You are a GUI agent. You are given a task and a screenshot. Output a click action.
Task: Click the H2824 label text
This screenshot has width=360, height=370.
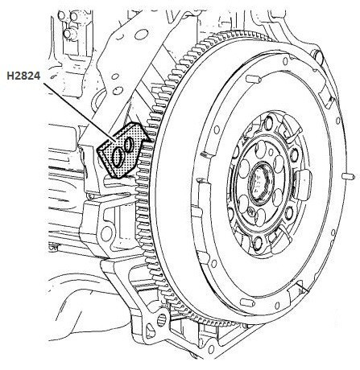point(23,76)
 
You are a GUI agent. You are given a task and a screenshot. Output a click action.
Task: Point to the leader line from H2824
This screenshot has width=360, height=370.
point(80,112)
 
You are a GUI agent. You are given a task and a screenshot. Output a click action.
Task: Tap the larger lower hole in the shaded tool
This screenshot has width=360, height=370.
point(118,158)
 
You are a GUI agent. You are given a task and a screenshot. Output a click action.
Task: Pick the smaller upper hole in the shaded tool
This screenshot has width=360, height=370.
point(130,145)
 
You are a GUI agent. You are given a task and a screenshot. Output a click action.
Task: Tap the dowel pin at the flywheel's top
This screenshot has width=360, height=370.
point(253,79)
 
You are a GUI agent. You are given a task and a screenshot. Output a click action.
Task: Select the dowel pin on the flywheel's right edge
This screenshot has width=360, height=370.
point(349,176)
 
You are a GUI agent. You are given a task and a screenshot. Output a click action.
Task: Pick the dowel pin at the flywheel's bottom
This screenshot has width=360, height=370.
point(247,302)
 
